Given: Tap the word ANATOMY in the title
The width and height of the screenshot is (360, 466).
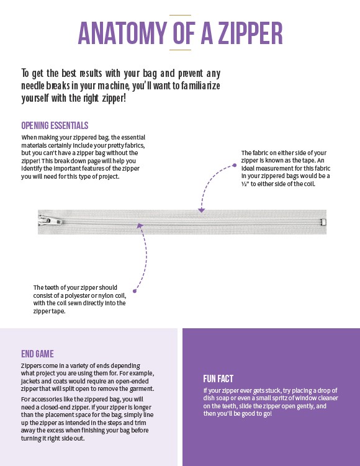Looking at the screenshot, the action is tap(122, 33).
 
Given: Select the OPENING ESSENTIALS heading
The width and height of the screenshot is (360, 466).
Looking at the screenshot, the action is tap(55, 125).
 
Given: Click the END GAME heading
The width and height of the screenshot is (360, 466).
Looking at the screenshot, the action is tap(37, 354).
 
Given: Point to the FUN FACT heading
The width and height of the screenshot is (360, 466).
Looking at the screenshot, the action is tap(218, 379).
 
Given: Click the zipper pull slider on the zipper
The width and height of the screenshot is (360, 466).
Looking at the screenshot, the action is tap(50, 221).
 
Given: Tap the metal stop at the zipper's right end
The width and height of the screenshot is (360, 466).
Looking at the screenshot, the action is tap(323, 222).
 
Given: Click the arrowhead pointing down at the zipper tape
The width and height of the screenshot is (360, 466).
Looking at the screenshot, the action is tap(202, 210).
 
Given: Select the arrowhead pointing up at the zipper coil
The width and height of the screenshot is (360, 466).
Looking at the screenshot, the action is tap(140, 226).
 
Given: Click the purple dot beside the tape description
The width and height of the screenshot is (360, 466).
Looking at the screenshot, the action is tap(235, 165).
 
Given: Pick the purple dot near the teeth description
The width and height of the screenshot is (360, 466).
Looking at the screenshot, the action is tap(135, 291).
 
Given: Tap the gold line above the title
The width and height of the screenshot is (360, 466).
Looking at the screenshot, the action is tap(180, 15).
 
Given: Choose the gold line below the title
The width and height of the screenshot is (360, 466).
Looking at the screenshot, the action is tap(180, 50).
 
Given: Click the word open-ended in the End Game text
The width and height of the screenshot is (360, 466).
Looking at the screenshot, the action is tap(132, 381).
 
